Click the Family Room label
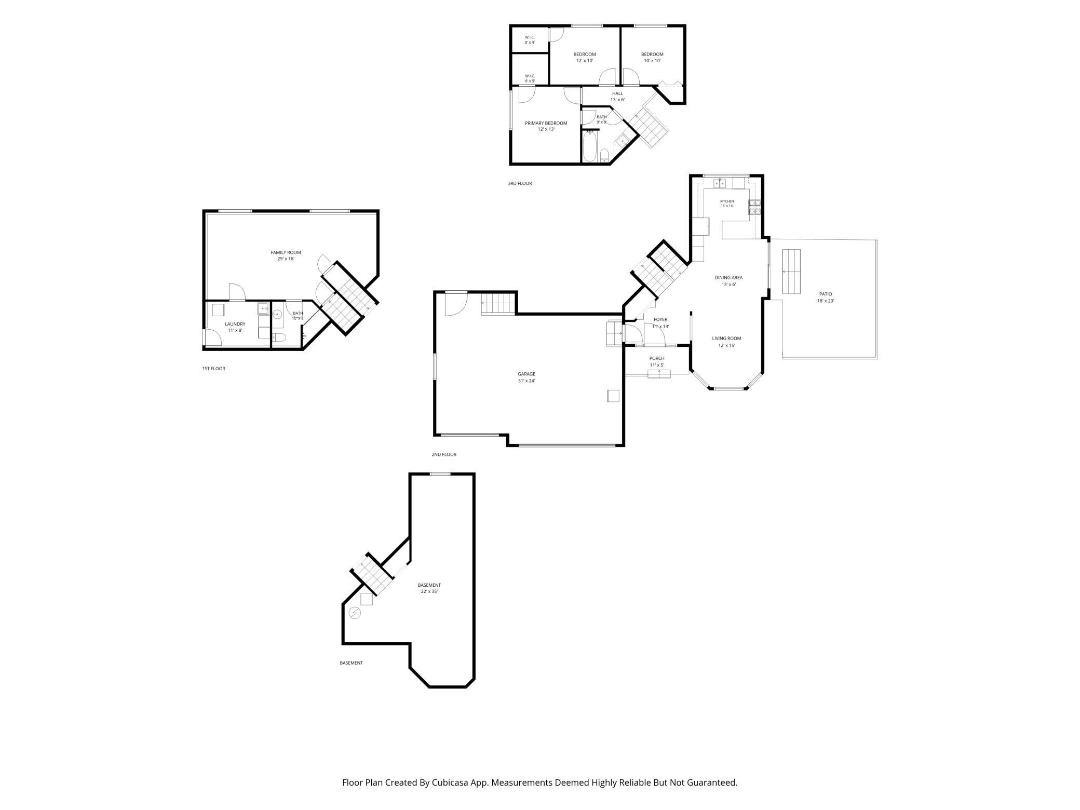pos(286,252)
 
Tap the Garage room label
pos(526,374)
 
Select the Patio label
pos(825,294)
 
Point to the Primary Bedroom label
pos(546,123)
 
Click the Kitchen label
pos(727,201)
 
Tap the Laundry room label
pos(235,324)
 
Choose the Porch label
pos(657,358)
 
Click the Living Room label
pos(726,339)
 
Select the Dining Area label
pos(728,278)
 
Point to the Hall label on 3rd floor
pos(617,93)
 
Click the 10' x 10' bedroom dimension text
pos(652,61)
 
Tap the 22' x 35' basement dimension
pos(429,591)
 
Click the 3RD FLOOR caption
pos(520,183)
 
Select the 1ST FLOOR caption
pos(213,369)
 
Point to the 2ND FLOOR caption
pos(444,454)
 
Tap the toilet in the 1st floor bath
pos(279,338)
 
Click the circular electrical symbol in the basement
pos(355,613)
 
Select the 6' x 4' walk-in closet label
pos(530,43)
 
